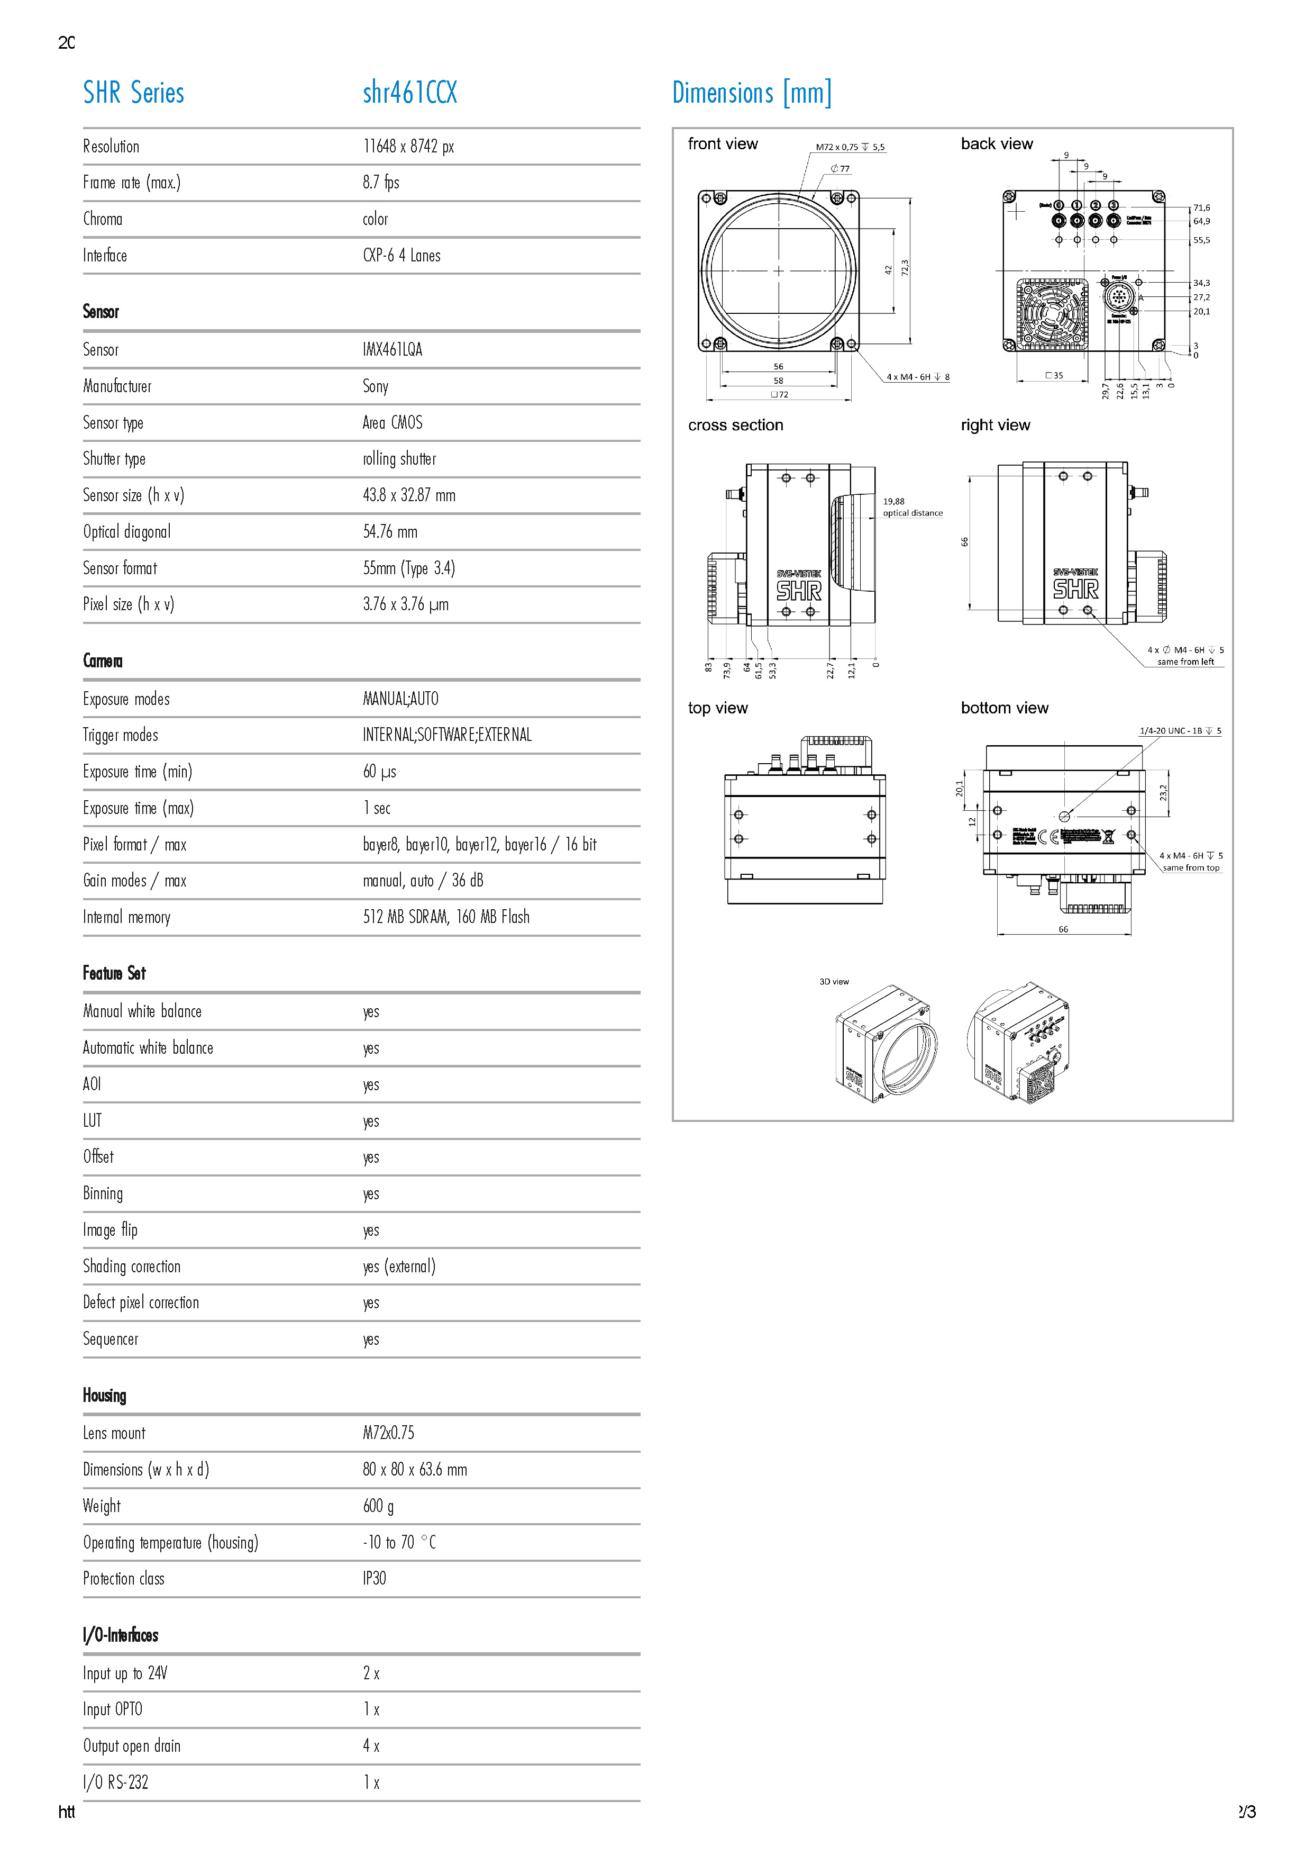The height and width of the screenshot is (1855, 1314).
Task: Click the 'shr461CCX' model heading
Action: [x=409, y=93]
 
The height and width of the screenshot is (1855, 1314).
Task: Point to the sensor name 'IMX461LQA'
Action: [x=393, y=350]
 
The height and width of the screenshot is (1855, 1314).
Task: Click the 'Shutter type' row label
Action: [x=114, y=459]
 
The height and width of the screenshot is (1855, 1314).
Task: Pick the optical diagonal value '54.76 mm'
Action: [x=390, y=532]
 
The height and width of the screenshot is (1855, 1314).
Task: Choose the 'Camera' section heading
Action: [x=103, y=661]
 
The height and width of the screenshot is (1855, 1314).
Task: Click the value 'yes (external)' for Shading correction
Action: [x=399, y=1266]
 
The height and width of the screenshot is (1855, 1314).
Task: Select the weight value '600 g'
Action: [x=378, y=1506]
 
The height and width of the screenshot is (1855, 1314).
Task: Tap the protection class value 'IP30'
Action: [x=375, y=1579]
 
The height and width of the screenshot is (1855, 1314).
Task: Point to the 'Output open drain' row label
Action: [x=132, y=1746]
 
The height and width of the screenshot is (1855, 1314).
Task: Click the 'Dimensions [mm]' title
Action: [x=752, y=93]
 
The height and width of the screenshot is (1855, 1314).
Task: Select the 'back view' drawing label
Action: [x=997, y=144]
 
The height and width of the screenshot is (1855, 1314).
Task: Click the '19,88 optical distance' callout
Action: [x=912, y=508]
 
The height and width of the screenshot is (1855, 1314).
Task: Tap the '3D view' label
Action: [x=834, y=982]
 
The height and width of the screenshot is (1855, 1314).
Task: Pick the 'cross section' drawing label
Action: [x=735, y=426]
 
